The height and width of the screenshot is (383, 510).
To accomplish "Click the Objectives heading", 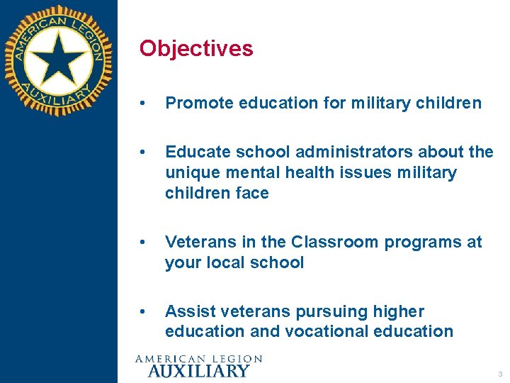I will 196,48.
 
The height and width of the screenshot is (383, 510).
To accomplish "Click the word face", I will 252,193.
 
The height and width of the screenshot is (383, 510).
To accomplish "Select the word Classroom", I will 336,242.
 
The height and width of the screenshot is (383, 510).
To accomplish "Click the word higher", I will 399,311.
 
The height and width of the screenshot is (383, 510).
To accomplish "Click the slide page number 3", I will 499,374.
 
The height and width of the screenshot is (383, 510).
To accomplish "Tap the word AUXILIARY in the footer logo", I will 198,370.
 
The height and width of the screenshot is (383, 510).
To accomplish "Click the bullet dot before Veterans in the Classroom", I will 144,243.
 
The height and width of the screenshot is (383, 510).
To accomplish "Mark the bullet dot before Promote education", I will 144,104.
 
